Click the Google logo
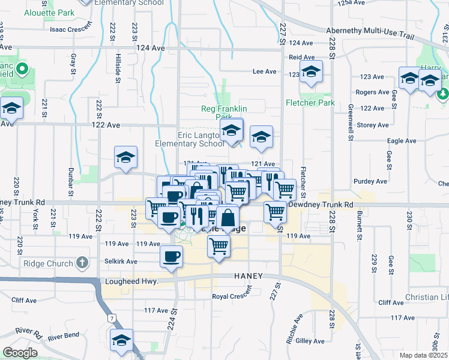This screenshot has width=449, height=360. (20, 353)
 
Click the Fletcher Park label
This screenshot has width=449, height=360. (310, 103)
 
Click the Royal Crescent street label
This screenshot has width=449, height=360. (232, 296)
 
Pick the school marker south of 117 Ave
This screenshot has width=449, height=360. (122, 340)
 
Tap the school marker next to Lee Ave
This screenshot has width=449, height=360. (311, 72)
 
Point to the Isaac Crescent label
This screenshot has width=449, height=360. (71, 29)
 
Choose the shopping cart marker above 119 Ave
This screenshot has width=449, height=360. (218, 245)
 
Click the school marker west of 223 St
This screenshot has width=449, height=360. (125, 158)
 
